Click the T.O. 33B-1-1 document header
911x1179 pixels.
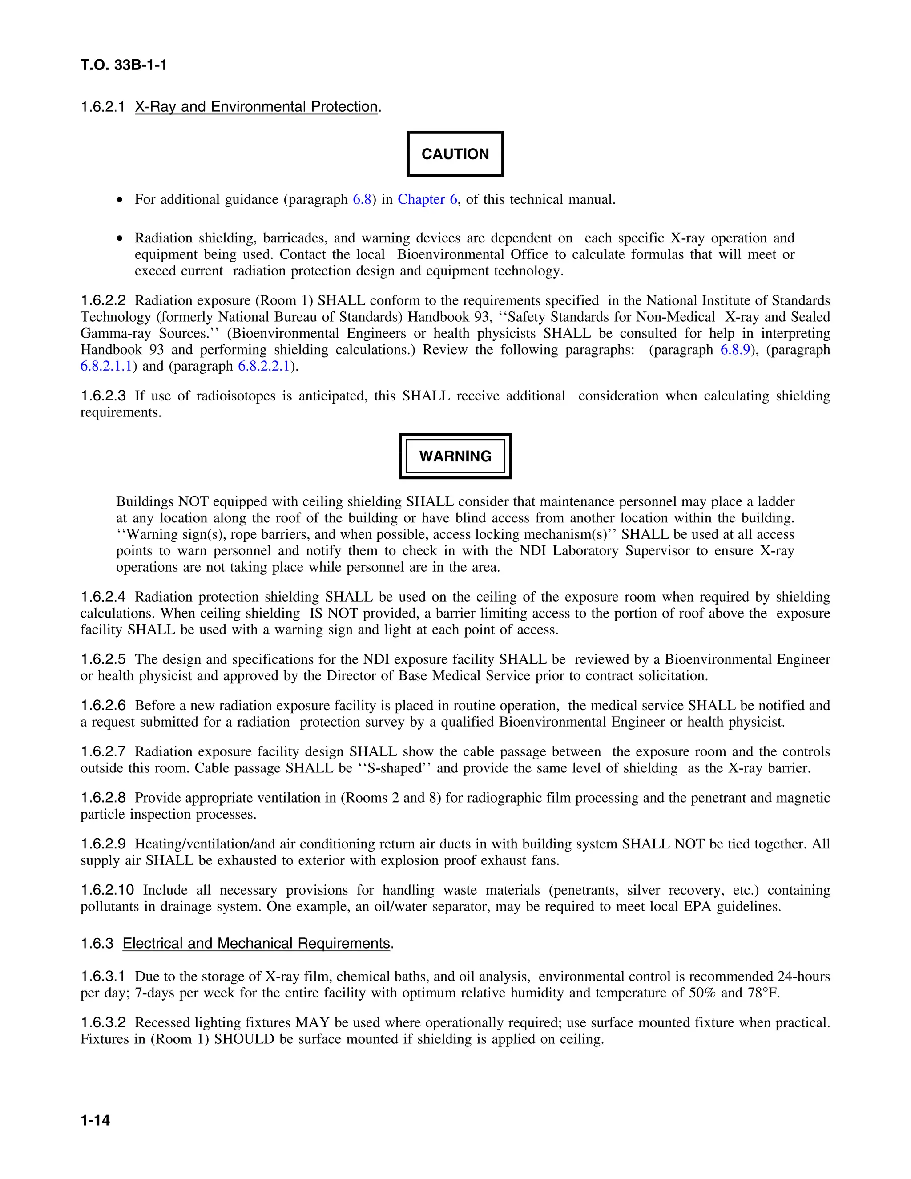tap(124, 65)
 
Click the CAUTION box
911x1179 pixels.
tap(455, 154)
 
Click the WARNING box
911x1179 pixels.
tap(455, 456)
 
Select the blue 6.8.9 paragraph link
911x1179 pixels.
tap(735, 350)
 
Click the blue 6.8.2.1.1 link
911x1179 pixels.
tap(106, 366)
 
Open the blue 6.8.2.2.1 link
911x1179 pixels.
tap(264, 366)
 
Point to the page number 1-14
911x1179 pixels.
tap(95, 1120)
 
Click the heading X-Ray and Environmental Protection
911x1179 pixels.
tap(256, 107)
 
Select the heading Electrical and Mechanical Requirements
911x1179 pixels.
tap(256, 943)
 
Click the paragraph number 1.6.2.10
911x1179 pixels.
tap(107, 890)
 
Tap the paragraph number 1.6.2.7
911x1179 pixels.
tap(103, 751)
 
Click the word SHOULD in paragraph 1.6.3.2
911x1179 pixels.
tap(244, 1039)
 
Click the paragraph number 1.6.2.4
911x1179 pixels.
tap(103, 597)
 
